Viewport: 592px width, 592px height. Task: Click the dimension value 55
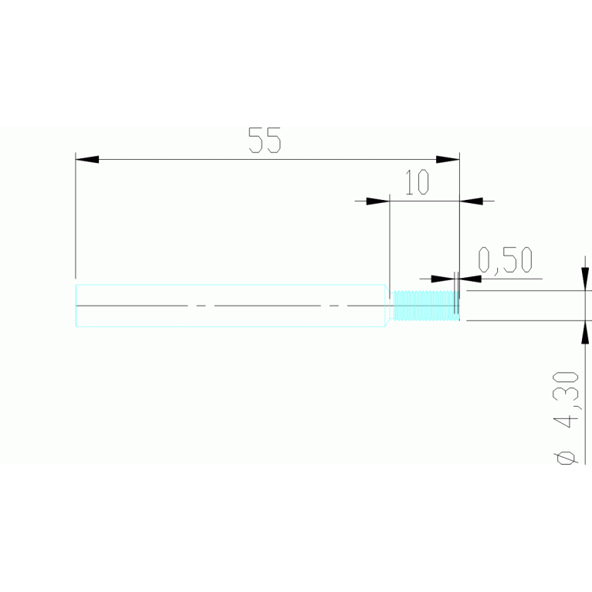pos(265,141)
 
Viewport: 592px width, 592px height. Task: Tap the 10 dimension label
pos(417,183)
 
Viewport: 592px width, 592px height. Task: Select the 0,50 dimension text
pos(506,261)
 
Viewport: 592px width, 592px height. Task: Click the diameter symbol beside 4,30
pos(567,456)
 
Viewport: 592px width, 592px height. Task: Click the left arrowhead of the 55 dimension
pos(87,160)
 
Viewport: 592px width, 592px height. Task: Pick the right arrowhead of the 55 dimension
pos(448,160)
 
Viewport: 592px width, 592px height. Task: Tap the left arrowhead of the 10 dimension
pos(378,201)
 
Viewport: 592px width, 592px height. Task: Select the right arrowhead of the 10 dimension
pos(472,201)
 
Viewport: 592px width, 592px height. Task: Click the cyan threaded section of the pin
pos(425,306)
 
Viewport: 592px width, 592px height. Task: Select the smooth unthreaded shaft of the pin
pos(232,306)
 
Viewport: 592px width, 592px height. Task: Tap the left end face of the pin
pos(76,306)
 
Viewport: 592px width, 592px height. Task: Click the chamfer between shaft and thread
pos(388,306)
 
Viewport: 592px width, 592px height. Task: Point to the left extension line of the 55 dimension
pos(76,216)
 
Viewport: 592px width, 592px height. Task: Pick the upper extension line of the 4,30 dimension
pos(525,291)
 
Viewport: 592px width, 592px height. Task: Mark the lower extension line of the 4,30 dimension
pos(525,320)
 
